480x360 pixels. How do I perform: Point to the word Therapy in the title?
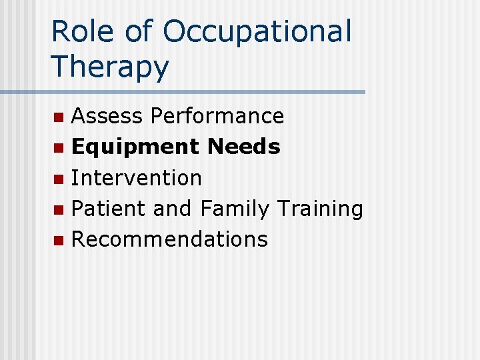(110, 67)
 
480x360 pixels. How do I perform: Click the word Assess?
(107, 116)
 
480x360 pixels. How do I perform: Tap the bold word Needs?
(244, 147)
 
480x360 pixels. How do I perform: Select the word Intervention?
(136, 178)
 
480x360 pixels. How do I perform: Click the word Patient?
(109, 209)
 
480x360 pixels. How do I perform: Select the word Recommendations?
(169, 239)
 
